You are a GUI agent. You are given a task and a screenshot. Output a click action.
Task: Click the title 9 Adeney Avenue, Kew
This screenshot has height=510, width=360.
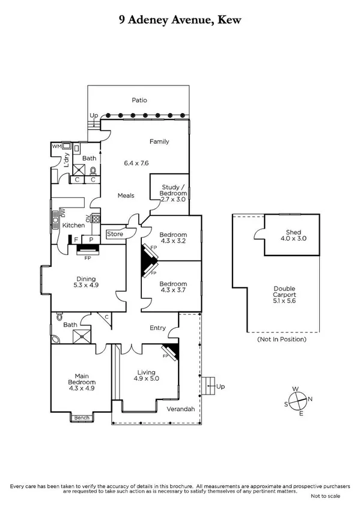180,20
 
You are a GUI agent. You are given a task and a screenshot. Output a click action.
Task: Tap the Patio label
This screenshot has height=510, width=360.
139,100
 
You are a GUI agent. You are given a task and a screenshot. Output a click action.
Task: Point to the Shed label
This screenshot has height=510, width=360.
293,232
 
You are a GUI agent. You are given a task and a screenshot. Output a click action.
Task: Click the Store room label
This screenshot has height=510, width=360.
115,234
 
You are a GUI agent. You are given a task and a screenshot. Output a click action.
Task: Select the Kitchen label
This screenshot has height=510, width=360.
73,225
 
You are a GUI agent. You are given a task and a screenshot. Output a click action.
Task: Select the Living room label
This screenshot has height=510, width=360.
147,372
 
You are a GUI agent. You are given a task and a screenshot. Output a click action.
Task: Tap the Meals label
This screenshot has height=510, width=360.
126,195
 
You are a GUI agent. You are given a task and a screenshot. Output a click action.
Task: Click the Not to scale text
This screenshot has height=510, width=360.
325,496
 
